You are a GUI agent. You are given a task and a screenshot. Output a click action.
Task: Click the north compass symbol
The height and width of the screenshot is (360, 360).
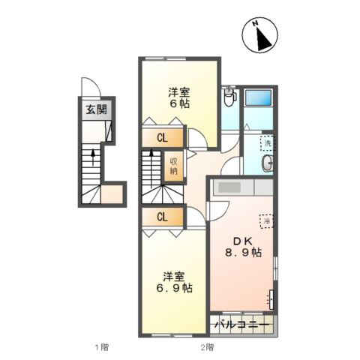click(x=263, y=36)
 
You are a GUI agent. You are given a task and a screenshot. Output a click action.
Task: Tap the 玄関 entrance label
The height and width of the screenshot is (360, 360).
click(x=95, y=109)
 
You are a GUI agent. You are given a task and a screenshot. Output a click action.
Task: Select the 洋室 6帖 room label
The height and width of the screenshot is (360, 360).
click(x=178, y=98)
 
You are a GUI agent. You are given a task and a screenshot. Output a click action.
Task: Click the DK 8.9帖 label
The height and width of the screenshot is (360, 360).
click(x=245, y=247)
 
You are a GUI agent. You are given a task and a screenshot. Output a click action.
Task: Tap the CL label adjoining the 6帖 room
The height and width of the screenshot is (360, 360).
click(x=162, y=138)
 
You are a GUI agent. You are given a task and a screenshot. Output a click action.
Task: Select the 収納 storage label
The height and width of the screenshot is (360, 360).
click(x=174, y=166)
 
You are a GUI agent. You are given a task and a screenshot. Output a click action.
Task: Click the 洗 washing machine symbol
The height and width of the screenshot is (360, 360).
click(x=267, y=142)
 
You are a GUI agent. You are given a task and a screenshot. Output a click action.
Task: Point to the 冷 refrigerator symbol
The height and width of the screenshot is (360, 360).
click(x=265, y=220)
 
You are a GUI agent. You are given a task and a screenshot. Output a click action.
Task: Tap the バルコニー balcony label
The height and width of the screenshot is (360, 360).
click(x=241, y=325)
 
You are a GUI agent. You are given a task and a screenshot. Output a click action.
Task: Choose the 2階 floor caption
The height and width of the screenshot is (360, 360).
click(x=207, y=347)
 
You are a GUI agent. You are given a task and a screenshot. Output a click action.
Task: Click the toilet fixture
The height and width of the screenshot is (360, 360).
click(x=229, y=97)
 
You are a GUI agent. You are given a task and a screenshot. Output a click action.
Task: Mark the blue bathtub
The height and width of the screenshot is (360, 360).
click(x=259, y=97)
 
